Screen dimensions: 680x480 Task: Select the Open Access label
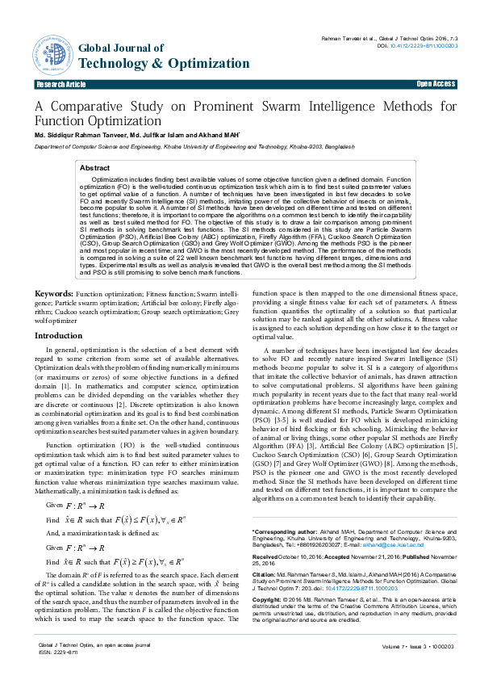pyautogui.click(x=436, y=84)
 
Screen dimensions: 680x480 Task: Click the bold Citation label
pyautogui.click(x=265, y=575)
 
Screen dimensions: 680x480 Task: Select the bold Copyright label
pyautogui.click(x=269, y=601)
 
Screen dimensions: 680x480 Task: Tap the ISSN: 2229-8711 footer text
pyautogui.click(x=56, y=652)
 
